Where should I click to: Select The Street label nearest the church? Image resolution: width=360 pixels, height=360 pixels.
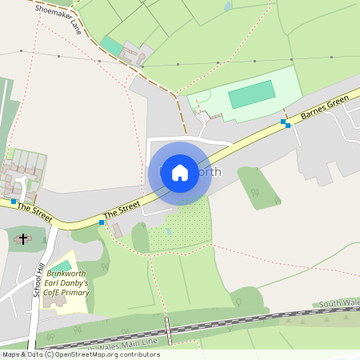coord(33,213)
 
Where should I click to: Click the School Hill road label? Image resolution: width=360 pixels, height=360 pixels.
coord(37,279)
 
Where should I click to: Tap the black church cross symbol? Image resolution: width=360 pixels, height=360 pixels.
coord(23,238)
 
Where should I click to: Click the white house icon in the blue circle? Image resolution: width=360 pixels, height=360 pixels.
coord(180,173)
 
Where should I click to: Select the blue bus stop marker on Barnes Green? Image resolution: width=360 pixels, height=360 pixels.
coord(285,123)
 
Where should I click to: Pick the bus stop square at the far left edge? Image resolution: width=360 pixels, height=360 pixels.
coord(14,202)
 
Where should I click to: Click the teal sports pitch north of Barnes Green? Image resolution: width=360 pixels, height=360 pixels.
coord(252,96)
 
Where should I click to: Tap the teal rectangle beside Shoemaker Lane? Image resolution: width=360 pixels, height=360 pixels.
coord(112,46)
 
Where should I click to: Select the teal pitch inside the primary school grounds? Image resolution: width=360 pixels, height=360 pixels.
coord(60,266)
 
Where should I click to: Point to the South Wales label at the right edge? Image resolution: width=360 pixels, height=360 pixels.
coord(338,304)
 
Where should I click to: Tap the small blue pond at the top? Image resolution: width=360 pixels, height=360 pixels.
coord(227,6)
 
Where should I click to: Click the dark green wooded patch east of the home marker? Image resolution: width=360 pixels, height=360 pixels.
coord(258,188)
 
